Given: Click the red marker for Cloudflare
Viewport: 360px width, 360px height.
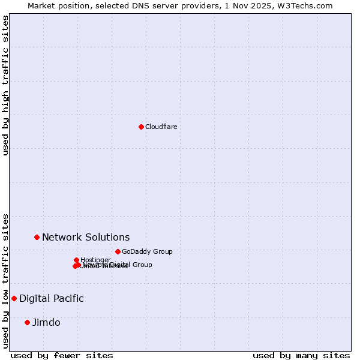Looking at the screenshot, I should coord(141,127).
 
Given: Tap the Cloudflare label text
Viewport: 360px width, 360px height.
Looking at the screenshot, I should coord(161,127).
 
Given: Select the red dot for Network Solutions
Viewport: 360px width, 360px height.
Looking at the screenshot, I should coord(37,237).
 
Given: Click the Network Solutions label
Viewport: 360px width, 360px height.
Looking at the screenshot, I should coord(85,237).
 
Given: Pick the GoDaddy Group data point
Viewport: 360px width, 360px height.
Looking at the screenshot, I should coord(118,251).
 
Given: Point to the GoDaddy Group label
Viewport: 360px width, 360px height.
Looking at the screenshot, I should coord(146,251).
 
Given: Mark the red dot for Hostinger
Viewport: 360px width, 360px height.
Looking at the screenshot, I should coord(76,260).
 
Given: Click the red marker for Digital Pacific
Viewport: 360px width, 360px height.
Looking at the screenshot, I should coord(14,298).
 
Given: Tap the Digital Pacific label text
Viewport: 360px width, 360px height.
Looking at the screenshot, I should coord(51,298).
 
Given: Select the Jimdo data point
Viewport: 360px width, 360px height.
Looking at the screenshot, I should coord(27,322).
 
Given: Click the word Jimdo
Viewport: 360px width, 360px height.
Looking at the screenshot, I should coord(46,322).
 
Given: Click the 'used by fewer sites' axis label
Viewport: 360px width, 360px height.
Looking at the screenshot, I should coord(62,355).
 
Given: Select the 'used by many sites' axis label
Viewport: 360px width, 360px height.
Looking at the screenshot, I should coord(301,355).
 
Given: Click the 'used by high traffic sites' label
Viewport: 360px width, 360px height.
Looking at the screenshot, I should coord(6,86).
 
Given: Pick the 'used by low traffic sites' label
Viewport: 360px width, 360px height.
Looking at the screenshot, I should coord(6,281).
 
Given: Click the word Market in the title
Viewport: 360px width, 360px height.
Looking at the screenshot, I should coord(41,5).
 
